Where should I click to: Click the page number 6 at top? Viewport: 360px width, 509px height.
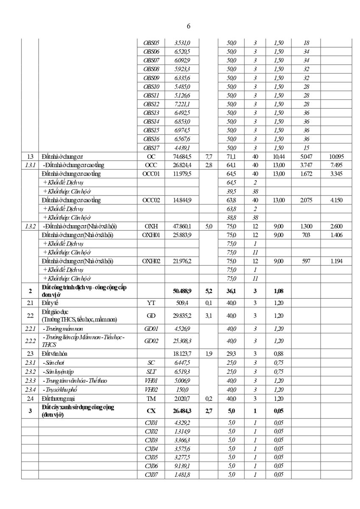[x=188, y=26]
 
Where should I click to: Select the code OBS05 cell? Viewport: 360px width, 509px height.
[x=151, y=43]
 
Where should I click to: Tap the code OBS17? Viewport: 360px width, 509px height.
[x=151, y=148]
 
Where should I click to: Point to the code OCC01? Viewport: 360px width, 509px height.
[x=151, y=174]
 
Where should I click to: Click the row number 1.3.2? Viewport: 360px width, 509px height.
[x=30, y=226]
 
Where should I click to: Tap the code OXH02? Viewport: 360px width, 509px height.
[x=151, y=261]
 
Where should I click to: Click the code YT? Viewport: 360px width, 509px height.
[x=151, y=303]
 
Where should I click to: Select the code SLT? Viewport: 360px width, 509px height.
[x=151, y=372]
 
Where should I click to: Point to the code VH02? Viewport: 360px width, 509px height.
[x=151, y=389]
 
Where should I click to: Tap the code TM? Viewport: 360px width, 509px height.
[x=151, y=398]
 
